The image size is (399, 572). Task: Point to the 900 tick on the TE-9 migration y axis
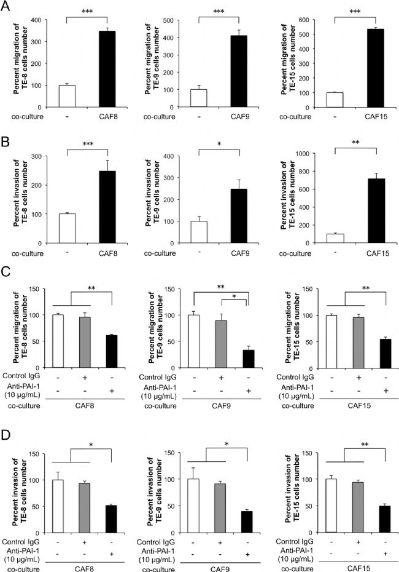pos(182,20)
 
